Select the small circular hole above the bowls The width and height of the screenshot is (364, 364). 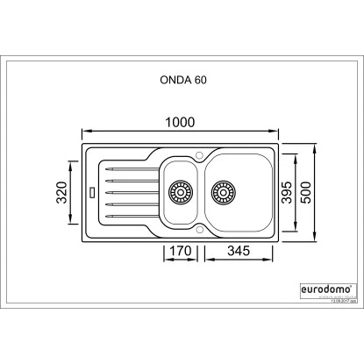pos(201,155)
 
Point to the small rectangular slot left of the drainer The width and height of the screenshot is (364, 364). pos(92,189)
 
